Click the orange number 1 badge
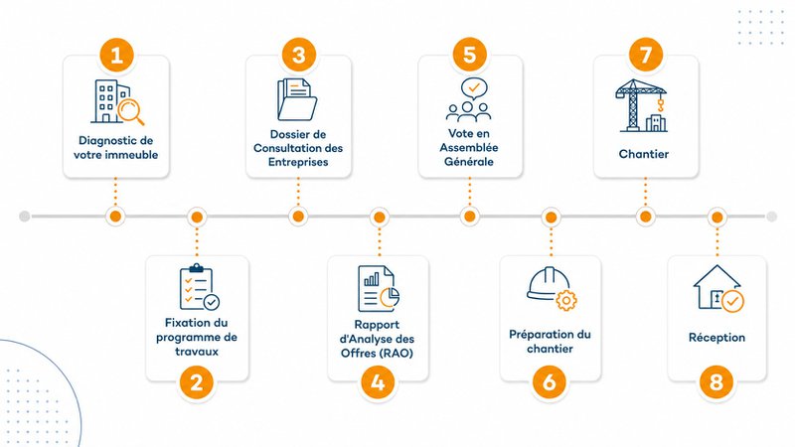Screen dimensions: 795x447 116,55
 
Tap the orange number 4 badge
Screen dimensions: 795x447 379,381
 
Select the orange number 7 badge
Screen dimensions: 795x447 645,55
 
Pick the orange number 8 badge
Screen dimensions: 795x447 716,381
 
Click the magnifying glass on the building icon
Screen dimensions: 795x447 131,111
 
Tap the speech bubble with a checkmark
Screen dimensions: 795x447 474,88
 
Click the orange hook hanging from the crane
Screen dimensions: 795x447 660,105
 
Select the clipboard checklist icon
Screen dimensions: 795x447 199,287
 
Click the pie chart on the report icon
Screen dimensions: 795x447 391,297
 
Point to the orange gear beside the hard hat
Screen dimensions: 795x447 566,301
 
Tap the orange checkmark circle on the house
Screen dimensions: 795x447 732,302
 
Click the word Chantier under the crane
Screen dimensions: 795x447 643,154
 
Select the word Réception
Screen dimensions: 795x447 716,338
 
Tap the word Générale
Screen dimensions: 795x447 469,162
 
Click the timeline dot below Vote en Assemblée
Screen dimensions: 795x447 469,217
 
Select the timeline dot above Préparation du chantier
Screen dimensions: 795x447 551,218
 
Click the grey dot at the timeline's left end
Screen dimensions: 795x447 24,217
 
